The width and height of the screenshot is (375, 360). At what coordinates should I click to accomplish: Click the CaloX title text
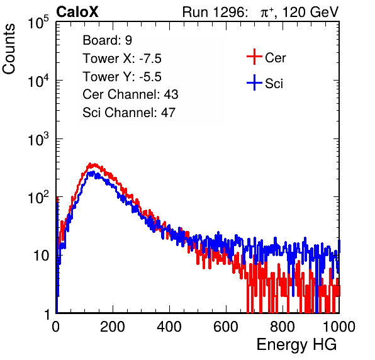click(x=77, y=12)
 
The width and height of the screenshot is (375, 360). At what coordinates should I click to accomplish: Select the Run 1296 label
click(x=215, y=12)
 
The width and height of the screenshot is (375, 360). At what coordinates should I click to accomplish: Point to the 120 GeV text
click(x=310, y=12)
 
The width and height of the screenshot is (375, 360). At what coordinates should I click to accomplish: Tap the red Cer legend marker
click(x=254, y=57)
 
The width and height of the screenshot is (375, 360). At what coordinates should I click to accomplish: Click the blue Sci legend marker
click(x=254, y=83)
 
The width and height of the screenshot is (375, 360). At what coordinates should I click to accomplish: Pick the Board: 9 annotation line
click(x=107, y=40)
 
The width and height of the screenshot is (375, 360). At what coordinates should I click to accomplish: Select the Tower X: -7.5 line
click(x=122, y=59)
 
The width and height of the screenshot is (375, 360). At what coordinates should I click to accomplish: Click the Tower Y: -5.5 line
click(x=122, y=77)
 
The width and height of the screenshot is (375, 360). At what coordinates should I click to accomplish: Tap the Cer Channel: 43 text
click(x=130, y=94)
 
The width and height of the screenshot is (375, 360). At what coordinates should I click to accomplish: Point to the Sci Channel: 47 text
click(x=129, y=113)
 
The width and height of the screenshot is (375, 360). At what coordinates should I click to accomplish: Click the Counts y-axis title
click(x=9, y=48)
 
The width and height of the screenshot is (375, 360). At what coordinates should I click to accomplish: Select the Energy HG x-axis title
click(x=296, y=345)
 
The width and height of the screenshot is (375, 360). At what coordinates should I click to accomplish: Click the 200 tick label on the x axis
click(x=113, y=327)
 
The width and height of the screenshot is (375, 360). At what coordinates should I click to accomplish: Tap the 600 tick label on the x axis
click(x=226, y=327)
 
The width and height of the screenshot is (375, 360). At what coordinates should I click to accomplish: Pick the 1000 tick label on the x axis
click(x=339, y=327)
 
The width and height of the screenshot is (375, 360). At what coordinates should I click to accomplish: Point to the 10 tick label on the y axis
click(x=42, y=256)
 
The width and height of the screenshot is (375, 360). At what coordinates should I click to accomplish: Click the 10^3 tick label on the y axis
click(x=39, y=138)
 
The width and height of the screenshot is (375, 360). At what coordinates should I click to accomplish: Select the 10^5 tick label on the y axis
click(x=39, y=22)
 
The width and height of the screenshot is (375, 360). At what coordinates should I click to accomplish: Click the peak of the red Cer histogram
click(x=91, y=164)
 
